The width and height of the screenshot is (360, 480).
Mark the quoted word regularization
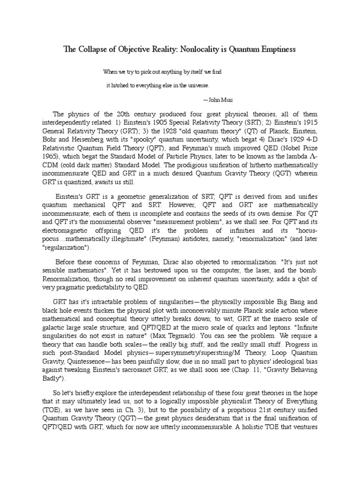coord(68,247)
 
